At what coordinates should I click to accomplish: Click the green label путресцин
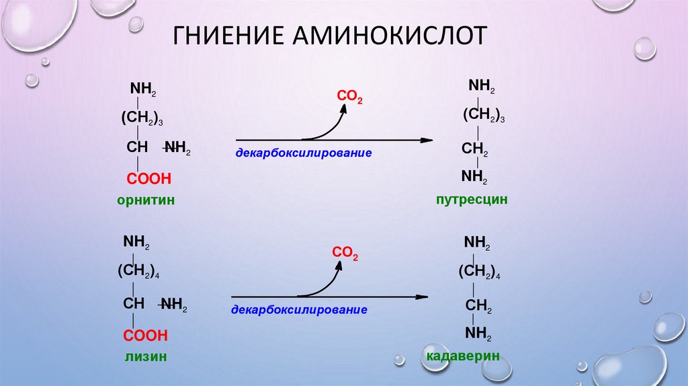click(470, 199)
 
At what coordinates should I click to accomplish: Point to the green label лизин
click(144, 357)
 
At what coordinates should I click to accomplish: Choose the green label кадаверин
click(463, 356)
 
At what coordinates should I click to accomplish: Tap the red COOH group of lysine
click(145, 335)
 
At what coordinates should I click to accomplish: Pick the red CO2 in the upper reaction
click(349, 98)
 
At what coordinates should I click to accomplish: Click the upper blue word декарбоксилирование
click(304, 153)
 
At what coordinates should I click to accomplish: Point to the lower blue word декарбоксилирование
click(300, 311)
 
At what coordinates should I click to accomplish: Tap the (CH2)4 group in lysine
click(138, 272)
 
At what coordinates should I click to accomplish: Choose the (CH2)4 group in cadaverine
click(480, 272)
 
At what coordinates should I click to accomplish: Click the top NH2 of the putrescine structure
click(482, 86)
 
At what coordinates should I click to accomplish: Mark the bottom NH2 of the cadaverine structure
click(478, 334)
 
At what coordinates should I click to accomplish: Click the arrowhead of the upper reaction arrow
click(425, 140)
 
